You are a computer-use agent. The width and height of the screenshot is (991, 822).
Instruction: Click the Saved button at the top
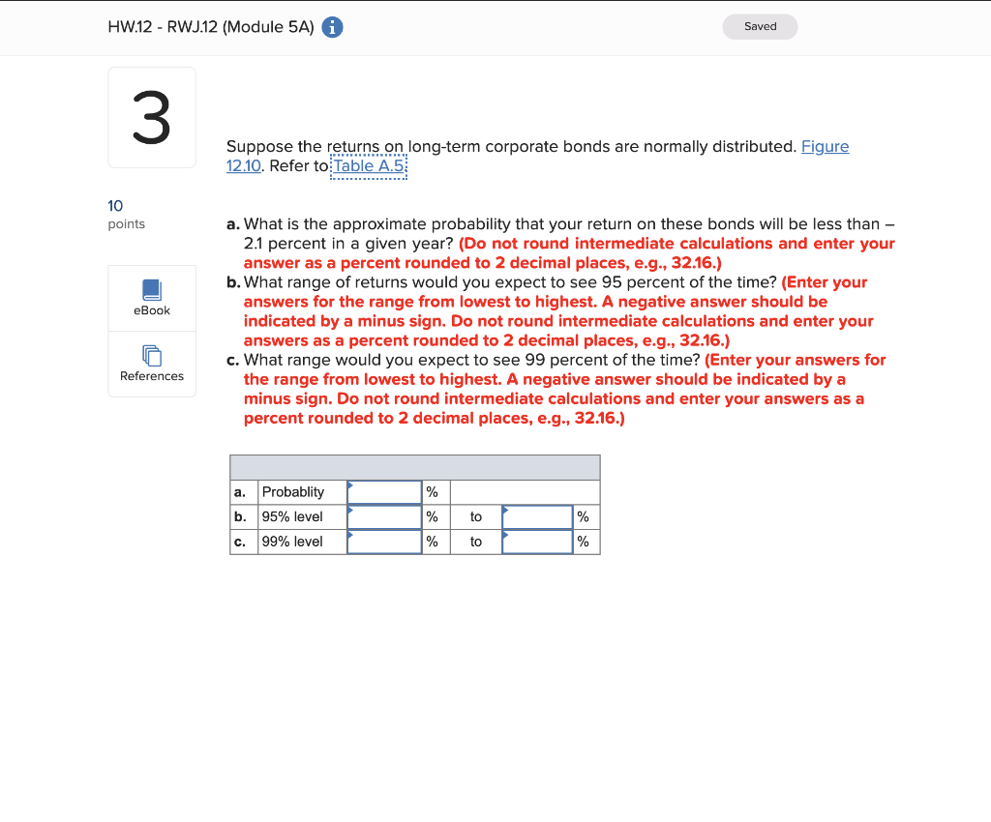[760, 26]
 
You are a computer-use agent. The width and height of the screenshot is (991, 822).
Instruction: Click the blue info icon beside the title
[332, 28]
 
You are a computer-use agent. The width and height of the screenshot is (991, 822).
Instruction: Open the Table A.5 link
[369, 165]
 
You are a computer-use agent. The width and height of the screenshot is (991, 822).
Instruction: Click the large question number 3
[152, 118]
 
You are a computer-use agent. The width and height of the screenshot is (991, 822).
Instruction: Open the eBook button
[152, 298]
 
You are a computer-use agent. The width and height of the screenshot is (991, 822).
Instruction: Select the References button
[152, 364]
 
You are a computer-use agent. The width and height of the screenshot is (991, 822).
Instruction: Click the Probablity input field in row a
[384, 492]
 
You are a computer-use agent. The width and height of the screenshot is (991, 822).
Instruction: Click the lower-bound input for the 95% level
[384, 517]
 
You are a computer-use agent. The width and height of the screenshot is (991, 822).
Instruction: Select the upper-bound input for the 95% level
[537, 517]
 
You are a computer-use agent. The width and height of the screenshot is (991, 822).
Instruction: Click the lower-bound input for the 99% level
[384, 542]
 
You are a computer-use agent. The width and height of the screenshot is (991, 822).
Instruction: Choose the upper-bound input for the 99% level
[537, 542]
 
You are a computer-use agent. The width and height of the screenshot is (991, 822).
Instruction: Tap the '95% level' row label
[292, 517]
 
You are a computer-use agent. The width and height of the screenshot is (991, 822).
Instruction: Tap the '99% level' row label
[292, 542]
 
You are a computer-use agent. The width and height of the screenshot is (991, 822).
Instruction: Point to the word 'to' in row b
[476, 517]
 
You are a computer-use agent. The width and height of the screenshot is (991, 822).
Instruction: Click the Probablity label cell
[293, 492]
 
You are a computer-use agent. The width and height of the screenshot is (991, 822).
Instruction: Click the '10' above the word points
[115, 205]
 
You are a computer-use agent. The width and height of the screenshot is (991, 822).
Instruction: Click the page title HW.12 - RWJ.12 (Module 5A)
[211, 28]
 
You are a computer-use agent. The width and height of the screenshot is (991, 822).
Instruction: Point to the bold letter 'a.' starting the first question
[233, 224]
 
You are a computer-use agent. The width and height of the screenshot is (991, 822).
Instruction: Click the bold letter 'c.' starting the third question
[233, 360]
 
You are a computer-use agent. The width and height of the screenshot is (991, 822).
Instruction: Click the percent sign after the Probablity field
[433, 492]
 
